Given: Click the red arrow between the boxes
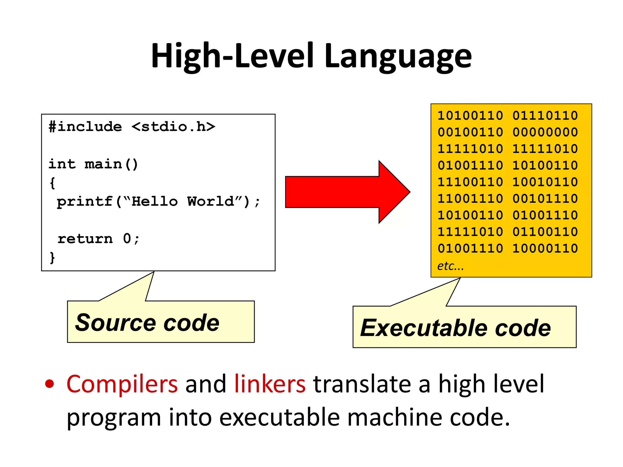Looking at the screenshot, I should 347,192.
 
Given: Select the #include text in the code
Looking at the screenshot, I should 85,127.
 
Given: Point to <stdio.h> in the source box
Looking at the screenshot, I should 173,127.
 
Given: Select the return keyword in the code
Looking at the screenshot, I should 85,239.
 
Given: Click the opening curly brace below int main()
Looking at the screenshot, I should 52,183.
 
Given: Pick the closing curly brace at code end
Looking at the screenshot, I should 52,258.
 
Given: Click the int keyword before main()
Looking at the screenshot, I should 62,164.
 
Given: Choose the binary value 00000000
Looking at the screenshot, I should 545,132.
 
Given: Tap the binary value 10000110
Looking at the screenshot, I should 545,248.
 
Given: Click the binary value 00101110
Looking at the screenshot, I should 545,199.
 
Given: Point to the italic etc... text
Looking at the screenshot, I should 451,266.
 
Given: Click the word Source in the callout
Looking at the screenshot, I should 115,323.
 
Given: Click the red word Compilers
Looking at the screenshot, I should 122,384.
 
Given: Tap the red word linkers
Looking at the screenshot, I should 270,384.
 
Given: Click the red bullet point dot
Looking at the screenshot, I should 50,384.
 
